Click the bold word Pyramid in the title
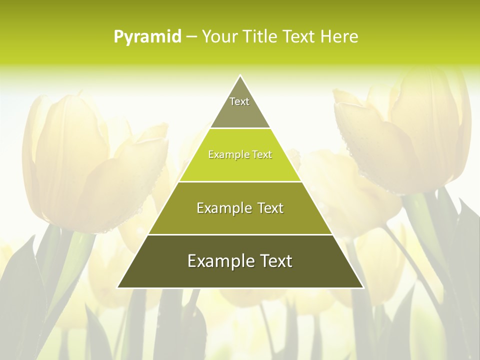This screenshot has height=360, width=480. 147,37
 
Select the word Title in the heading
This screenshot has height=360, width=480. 262,37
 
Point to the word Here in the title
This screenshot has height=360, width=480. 339,37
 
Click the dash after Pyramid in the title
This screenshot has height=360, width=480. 191,37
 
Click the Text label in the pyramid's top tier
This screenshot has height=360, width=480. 239,101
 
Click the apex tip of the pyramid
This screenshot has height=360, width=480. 240,76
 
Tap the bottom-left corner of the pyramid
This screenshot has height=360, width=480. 118,287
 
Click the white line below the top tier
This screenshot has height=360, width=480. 240,128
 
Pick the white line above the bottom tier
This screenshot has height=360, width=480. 240,234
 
